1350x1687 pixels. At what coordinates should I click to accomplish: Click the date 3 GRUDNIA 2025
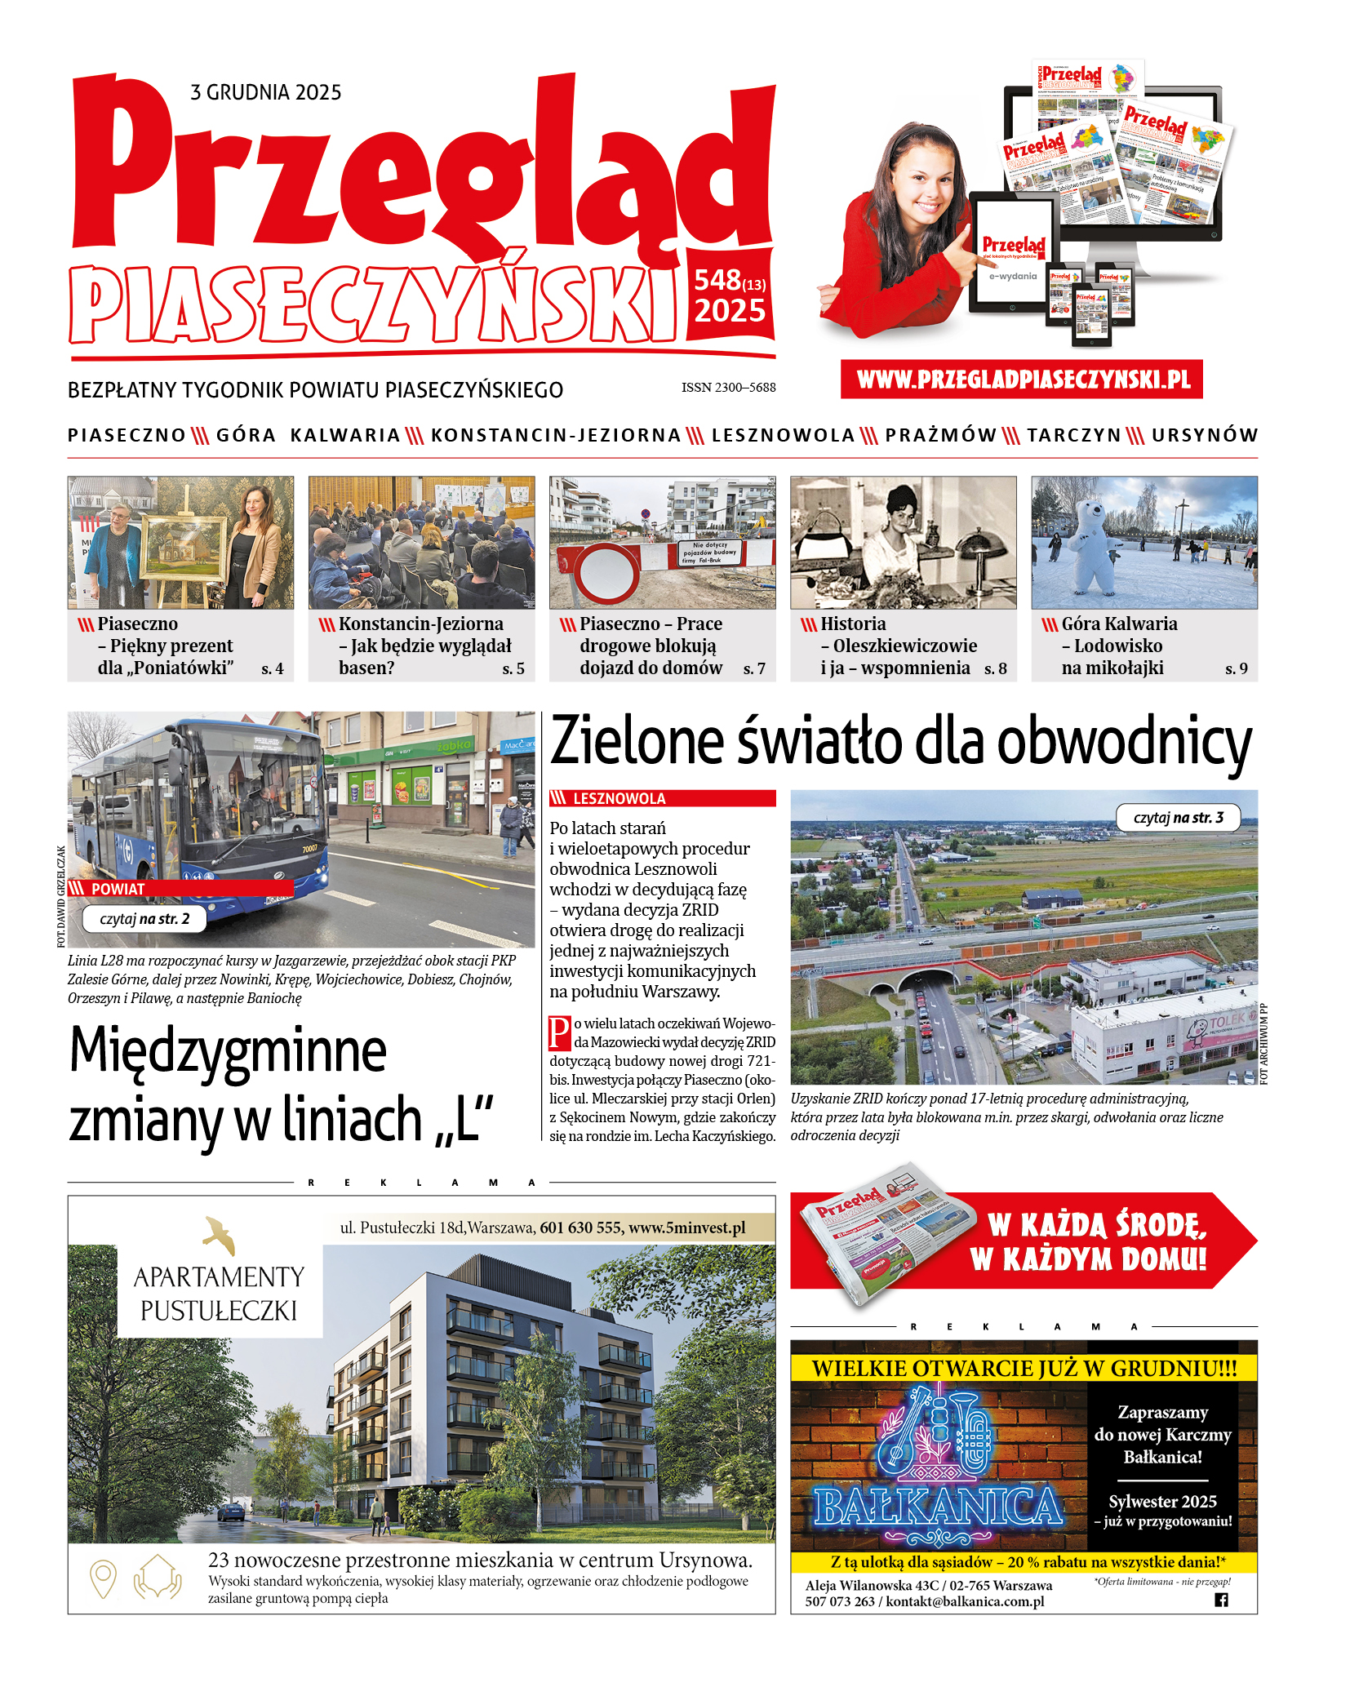point(265,92)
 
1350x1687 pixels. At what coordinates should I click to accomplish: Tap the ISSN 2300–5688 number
point(728,388)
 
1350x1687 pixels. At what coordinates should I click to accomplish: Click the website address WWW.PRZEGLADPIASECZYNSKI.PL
point(1023,380)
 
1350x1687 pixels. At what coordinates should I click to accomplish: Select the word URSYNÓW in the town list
point(1205,435)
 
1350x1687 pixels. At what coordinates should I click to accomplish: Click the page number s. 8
point(995,668)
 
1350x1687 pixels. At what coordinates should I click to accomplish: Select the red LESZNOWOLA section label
point(662,798)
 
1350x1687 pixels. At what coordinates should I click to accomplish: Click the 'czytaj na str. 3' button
point(1178,818)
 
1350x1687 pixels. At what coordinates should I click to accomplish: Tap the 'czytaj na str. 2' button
point(144,919)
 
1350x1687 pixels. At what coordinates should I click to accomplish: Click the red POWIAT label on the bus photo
point(118,889)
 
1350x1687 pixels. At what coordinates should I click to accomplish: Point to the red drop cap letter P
point(559,1032)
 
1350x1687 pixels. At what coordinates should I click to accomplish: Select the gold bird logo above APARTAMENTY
point(220,1235)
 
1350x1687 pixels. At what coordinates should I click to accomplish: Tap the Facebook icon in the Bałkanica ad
point(1221,1600)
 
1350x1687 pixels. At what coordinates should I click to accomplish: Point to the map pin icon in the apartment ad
point(103,1578)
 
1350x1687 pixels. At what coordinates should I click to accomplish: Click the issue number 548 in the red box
point(717,281)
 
